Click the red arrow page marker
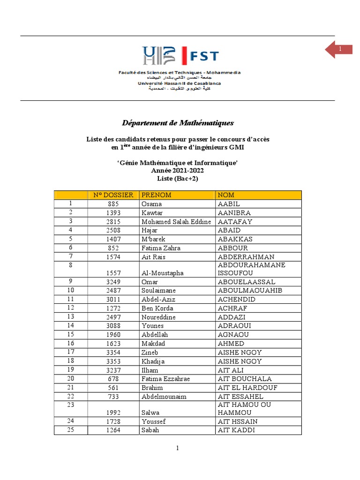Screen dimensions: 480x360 point(338,50)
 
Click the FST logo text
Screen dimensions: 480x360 point(203,56)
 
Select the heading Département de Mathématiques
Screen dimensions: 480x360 point(178,123)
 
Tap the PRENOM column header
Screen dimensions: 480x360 point(157,195)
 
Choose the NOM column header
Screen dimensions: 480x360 point(226,195)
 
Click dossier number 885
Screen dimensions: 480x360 point(113,204)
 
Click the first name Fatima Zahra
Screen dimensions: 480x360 point(161,248)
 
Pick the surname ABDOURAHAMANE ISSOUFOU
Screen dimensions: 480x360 point(252,269)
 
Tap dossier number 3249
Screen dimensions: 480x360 point(113,282)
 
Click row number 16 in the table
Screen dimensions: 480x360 point(71,343)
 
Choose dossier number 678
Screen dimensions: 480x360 point(113,379)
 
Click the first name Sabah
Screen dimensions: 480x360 point(150,430)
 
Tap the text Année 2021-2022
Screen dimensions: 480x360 point(178,171)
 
